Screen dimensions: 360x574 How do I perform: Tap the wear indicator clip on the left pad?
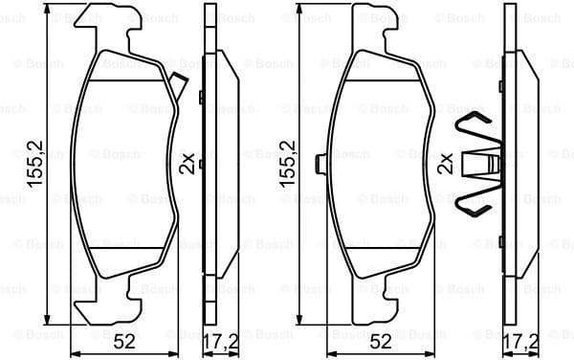pos(177,86)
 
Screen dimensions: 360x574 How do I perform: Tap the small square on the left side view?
pos(201,96)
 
